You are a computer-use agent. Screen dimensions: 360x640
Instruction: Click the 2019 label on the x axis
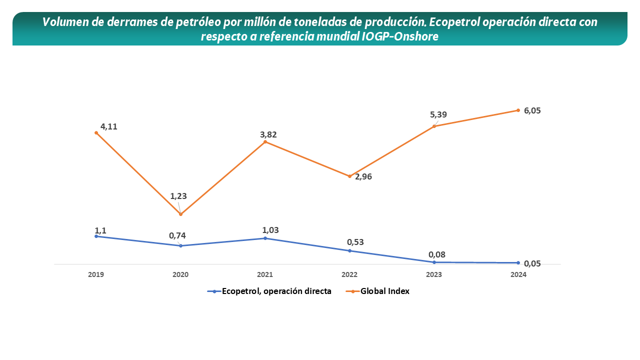95,274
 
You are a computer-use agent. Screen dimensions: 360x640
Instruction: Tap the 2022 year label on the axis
349,274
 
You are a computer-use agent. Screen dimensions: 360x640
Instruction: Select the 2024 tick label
518,274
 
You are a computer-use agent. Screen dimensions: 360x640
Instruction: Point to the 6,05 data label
532,110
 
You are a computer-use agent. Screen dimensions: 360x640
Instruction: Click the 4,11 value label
109,126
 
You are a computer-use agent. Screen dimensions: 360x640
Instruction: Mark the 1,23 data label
178,196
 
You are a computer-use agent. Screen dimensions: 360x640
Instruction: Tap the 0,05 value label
532,263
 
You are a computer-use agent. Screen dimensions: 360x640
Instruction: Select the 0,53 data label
355,242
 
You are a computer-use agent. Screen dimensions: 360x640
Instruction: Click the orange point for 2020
180,214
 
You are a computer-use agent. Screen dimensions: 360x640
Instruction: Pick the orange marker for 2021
265,142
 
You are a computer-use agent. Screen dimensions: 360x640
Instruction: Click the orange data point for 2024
518,110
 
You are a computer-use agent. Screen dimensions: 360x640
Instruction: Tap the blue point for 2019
96,236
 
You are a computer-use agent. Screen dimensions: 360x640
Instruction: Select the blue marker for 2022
349,250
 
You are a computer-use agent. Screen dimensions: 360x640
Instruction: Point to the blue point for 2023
434,262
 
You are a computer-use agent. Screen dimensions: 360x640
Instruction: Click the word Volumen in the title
62,22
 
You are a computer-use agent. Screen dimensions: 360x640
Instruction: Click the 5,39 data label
438,114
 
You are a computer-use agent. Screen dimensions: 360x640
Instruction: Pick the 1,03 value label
270,230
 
